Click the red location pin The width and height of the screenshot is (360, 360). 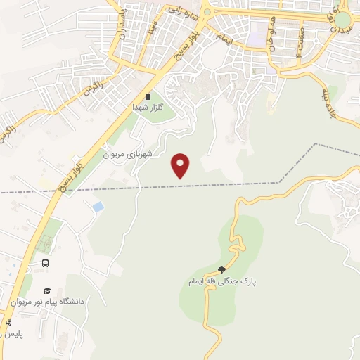tap(181, 165)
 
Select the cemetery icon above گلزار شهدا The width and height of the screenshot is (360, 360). tap(147, 96)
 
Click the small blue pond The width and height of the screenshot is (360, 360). tap(97, 207)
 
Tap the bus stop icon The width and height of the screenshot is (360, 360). tap(46, 263)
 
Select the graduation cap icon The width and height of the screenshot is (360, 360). tap(47, 290)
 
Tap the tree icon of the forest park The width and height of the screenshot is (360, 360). tap(222, 269)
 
